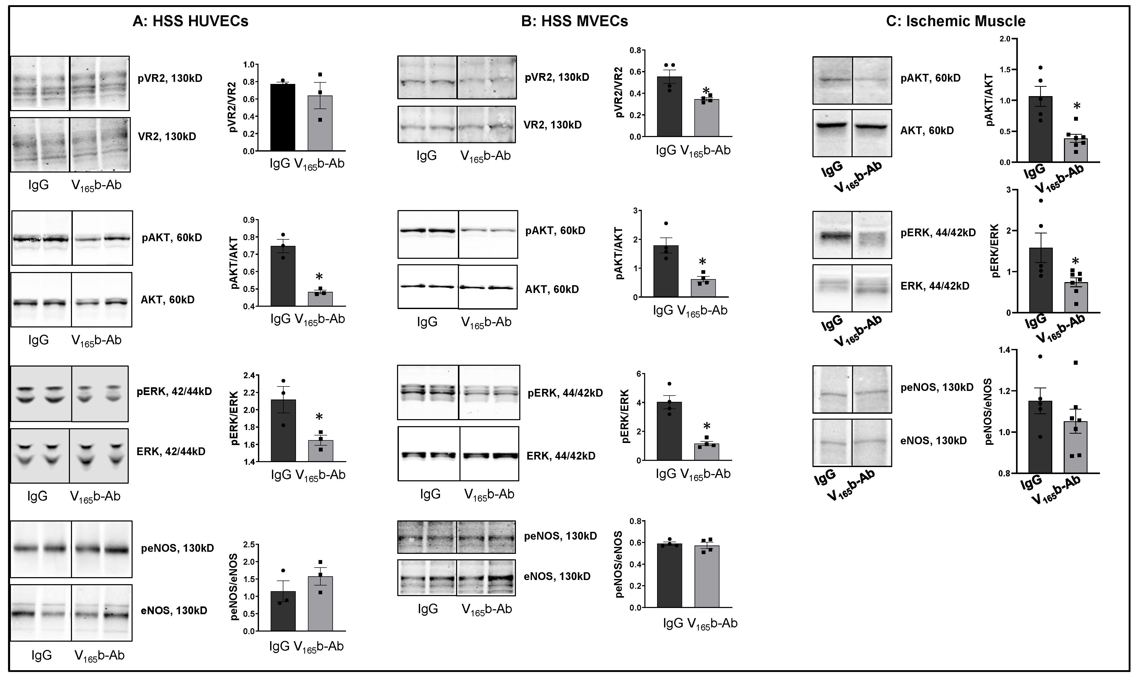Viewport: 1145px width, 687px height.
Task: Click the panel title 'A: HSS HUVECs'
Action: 190,21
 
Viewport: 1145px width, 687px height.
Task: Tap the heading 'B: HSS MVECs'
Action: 574,21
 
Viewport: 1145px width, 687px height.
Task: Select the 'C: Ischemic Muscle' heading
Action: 956,21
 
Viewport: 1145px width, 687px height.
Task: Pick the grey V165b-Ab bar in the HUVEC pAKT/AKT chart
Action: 320,299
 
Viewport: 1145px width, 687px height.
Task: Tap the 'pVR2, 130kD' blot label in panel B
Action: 557,77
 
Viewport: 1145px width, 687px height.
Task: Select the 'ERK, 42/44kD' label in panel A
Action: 171,451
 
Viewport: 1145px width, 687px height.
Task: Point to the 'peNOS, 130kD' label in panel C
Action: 937,387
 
